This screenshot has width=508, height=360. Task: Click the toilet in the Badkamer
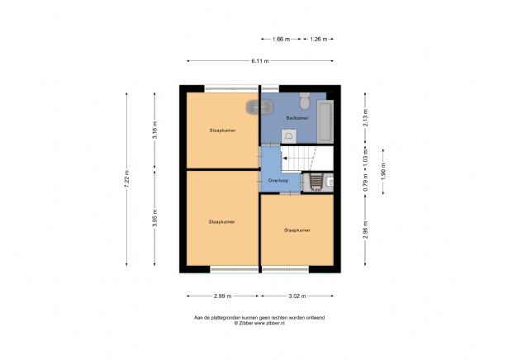click(305, 103)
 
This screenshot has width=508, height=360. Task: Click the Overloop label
click(278, 180)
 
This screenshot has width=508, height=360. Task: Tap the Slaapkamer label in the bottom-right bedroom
click(297, 230)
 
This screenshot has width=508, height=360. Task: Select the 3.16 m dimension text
click(155, 130)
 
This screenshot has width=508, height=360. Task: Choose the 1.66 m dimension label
click(281, 39)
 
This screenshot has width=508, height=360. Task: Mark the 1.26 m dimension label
click(319, 39)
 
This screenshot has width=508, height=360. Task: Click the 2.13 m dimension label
click(364, 118)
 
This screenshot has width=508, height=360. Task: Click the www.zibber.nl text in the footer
click(268, 324)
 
